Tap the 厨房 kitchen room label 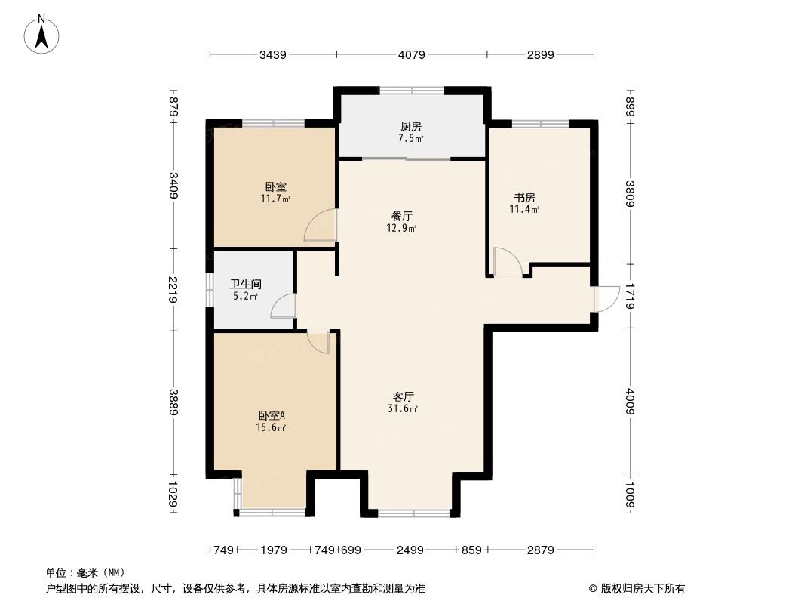411,126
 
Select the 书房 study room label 524,198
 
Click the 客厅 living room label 403,396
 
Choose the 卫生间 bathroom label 246,285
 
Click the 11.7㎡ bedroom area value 276,199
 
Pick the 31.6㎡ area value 403,409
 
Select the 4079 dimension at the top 412,54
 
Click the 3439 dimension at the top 273,54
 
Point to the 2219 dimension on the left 173,289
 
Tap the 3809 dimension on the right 630,194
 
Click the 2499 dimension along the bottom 410,550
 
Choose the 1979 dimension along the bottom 274,550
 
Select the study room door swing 508,262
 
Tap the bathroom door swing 282,306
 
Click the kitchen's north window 412,91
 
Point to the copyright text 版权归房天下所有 643,589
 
